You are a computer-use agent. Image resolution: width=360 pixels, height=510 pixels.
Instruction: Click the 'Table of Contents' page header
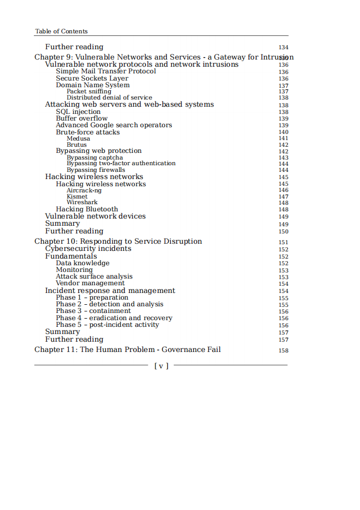61,31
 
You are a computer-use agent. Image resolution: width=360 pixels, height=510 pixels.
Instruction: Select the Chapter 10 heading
118,241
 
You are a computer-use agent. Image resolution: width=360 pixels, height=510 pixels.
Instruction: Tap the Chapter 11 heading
127,349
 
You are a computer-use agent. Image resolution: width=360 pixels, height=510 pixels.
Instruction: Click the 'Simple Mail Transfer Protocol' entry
106,71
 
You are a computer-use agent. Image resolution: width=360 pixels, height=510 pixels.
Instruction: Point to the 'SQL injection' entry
78,112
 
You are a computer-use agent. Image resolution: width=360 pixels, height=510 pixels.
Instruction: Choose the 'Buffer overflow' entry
82,119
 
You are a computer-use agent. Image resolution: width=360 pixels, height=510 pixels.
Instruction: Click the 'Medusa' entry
78,139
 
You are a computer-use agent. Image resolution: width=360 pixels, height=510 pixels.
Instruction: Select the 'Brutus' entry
76,145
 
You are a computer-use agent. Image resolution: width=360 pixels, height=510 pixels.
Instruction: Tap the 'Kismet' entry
77,197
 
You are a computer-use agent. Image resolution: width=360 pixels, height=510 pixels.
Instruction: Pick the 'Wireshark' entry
82,203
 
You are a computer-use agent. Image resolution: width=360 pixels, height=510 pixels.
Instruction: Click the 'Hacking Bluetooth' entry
87,209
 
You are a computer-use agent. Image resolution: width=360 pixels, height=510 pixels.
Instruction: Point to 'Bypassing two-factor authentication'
121,164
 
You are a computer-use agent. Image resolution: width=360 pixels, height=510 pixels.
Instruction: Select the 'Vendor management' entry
90,283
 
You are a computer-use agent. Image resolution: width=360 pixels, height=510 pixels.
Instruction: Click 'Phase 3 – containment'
93,311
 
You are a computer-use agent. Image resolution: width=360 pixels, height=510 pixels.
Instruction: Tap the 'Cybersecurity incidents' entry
88,249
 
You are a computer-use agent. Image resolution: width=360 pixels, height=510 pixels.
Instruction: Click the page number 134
283,47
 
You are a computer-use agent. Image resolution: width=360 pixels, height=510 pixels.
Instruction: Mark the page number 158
283,350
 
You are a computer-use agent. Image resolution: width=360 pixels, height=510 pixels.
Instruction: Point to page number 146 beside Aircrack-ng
283,190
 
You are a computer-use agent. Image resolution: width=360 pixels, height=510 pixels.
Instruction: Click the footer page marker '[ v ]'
161,366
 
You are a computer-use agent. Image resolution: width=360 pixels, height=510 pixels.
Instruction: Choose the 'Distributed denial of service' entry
109,97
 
